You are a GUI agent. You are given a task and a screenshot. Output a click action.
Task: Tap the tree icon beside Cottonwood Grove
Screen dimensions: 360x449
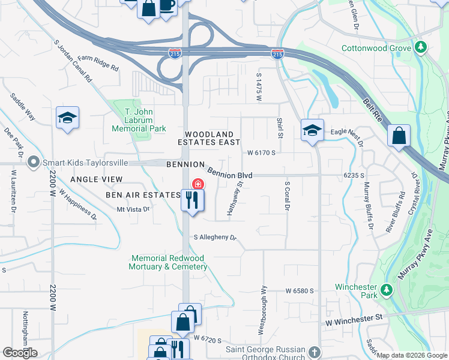coord(421,47)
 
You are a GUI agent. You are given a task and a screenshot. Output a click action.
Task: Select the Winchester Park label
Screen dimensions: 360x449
coord(356,290)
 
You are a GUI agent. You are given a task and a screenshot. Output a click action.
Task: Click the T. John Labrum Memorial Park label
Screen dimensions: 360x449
coord(145,120)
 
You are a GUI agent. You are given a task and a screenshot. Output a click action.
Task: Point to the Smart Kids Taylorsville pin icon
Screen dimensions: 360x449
coord(34,161)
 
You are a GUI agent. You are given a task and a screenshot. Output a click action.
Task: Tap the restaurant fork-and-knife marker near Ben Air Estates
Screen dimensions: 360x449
coord(192,200)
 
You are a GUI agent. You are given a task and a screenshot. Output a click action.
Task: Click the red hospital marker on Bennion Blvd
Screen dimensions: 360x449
coord(196,184)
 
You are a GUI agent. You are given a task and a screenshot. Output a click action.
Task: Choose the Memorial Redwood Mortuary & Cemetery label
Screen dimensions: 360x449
coord(169,262)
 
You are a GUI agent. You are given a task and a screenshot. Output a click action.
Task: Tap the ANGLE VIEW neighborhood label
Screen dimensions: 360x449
coord(96,179)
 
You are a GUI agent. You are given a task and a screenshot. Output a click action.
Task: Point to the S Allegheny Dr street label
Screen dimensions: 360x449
coord(215,238)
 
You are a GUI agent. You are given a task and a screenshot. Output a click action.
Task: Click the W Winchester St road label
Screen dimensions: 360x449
coord(354,321)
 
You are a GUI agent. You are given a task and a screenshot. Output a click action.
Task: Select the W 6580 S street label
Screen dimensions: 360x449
coord(300,291)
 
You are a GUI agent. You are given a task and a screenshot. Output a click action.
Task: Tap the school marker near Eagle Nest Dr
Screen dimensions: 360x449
coord(312,131)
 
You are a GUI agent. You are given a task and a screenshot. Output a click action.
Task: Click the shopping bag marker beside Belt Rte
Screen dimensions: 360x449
coord(399,136)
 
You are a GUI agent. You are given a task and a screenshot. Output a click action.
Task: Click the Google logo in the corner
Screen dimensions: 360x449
coord(20,352)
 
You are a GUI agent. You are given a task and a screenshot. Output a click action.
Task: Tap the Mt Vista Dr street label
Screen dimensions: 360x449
coord(133,209)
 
